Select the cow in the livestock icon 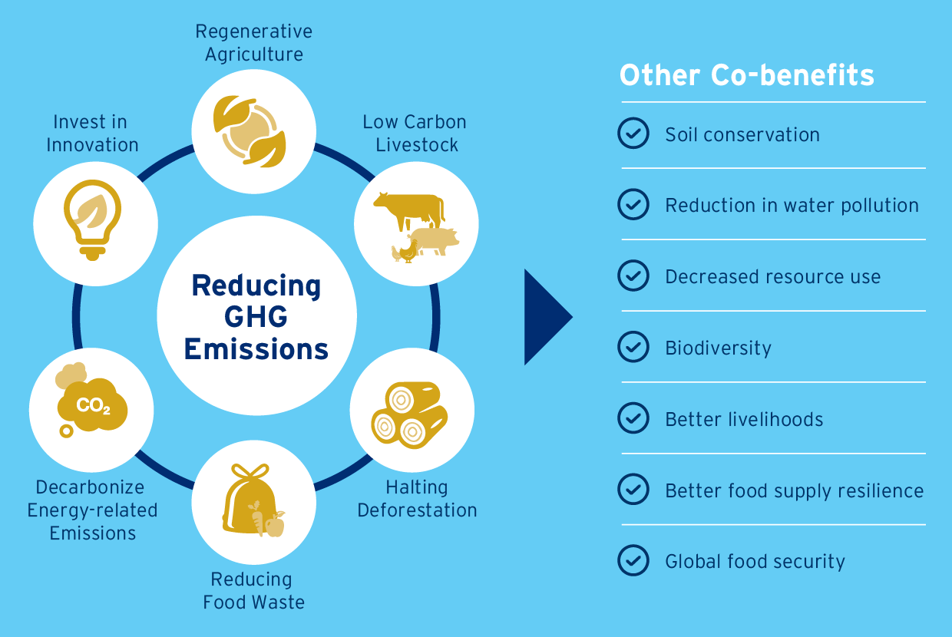point(409,210)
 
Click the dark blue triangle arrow point(546,317)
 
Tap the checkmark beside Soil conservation point(633,134)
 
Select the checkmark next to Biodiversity point(633,347)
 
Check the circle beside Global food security point(633,561)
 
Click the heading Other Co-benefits point(746,75)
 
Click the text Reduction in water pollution point(792,206)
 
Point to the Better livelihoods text point(744,420)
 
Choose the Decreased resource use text point(772,276)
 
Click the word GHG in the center point(256,316)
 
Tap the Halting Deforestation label point(417,498)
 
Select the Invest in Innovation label point(92,133)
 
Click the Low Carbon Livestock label point(415,133)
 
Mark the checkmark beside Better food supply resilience point(633,490)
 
